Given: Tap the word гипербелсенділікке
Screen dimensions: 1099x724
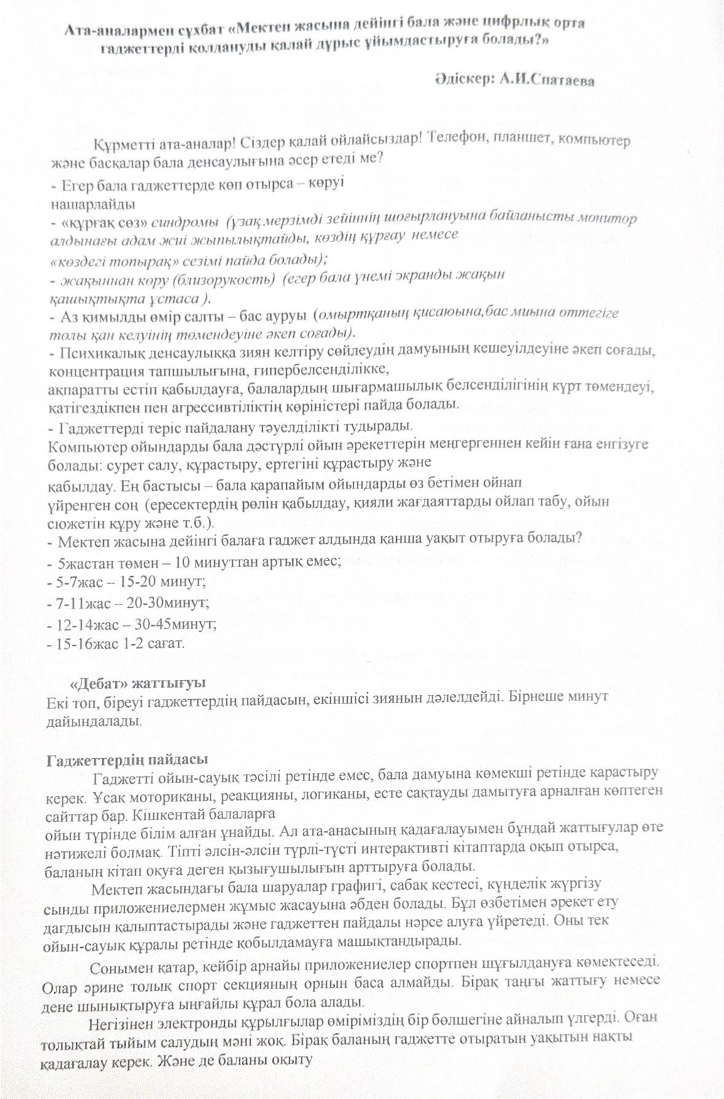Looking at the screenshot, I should pyautogui.click(x=326, y=370).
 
